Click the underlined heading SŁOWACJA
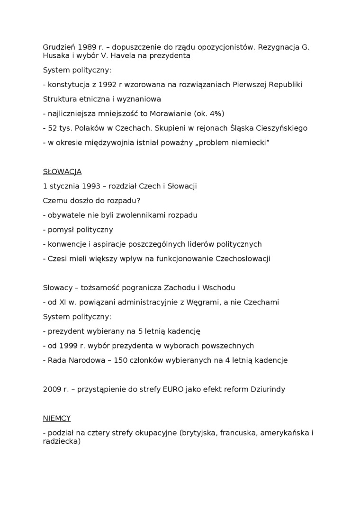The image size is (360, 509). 62,172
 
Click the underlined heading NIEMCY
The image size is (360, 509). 57,418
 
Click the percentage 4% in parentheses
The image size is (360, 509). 215,114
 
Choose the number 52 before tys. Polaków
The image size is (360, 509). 53,128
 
